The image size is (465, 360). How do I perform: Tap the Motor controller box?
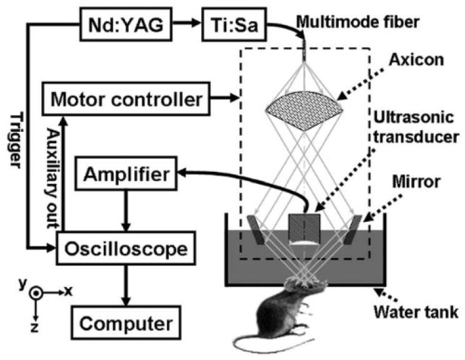[x=126, y=98]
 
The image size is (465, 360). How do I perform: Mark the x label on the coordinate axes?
[x=68, y=291]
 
